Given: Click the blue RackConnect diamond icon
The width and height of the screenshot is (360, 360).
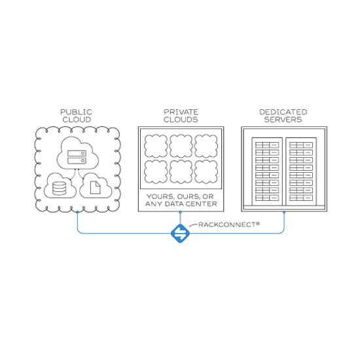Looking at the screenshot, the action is click(180, 233).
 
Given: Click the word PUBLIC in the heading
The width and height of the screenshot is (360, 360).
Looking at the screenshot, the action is click(76, 112).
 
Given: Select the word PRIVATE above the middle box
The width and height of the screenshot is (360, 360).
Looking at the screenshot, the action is click(181, 112).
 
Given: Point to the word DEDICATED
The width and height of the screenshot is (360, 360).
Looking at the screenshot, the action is click(283, 112).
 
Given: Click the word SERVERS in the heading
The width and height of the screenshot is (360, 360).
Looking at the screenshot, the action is click(283, 119).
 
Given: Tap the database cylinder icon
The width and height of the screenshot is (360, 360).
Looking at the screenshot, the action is click(59, 189).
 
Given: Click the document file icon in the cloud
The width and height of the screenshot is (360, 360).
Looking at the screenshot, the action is click(95, 188).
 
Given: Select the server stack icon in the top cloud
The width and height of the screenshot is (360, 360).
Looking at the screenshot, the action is click(77, 157).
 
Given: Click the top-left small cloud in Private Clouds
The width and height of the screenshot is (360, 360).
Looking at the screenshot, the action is click(156, 146).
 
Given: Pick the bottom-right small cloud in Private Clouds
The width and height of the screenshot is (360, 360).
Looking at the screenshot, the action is click(206, 171).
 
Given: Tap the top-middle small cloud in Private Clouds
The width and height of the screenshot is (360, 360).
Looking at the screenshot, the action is click(181, 146).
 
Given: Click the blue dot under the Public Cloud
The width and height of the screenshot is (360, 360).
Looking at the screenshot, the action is click(77, 212).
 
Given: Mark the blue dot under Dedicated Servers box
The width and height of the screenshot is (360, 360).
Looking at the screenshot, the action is click(284, 212).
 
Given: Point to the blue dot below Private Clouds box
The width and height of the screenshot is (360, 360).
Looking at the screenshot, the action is click(180, 212).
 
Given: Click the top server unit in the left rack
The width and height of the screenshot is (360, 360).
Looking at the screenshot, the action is click(267, 145).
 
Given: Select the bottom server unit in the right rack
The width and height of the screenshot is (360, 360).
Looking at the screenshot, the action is click(301, 198).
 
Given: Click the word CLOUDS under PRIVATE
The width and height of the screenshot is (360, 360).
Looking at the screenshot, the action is click(181, 119).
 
